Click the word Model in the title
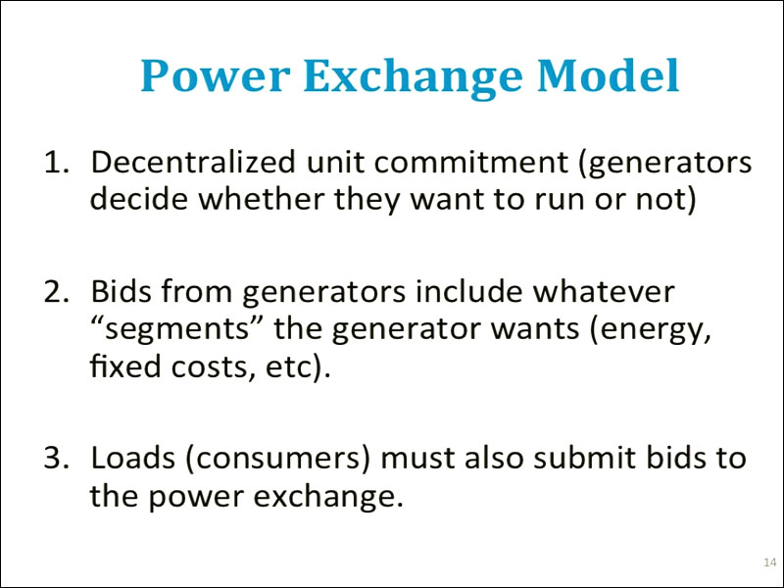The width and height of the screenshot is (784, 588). pos(608,75)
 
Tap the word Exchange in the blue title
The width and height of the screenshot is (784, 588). pos(413,78)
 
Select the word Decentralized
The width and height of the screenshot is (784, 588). pos(193,162)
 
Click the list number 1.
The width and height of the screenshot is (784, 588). pos(56,163)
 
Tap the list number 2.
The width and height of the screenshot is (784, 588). pos(56,291)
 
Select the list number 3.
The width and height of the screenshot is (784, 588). pos(56,458)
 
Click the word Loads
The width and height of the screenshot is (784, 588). pos(132,457)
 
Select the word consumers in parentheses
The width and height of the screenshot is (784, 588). pos(278,459)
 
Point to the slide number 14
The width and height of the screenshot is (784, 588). pos(770,562)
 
